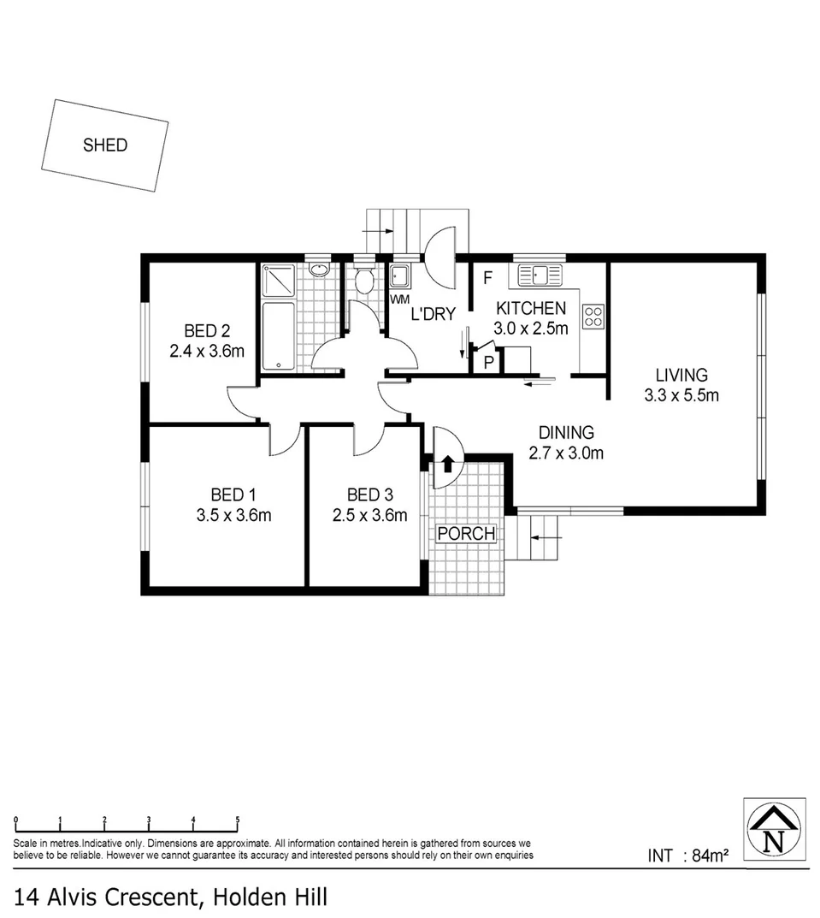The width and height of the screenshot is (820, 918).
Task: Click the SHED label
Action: click(105, 145)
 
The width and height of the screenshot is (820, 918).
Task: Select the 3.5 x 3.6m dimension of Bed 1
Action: click(233, 515)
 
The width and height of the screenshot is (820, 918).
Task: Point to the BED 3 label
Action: click(369, 495)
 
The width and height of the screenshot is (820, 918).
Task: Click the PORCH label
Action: click(466, 534)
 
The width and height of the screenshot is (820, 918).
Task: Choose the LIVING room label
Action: click(681, 375)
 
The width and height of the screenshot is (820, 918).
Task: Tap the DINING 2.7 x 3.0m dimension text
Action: click(565, 453)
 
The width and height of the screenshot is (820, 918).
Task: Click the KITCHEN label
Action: click(531, 309)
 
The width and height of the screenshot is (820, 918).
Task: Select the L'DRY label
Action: click(433, 314)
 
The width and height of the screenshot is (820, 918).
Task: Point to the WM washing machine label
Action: click(399, 299)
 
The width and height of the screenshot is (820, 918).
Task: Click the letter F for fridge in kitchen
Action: click(488, 277)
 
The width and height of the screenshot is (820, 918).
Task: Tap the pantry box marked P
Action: click(488, 361)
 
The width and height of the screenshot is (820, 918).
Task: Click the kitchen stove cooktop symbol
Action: click(593, 317)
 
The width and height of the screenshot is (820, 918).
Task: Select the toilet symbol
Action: click(365, 280)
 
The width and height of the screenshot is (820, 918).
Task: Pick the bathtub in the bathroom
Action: click(278, 336)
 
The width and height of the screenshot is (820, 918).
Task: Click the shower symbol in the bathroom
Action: click(278, 279)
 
